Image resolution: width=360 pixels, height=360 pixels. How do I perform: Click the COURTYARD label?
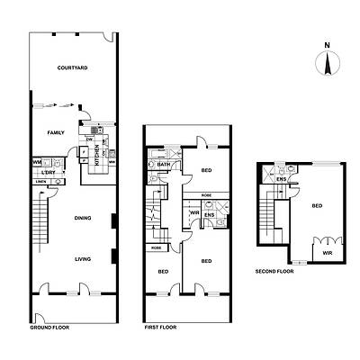click(x=71, y=68)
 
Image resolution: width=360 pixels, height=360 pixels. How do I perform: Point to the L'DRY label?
click(x=49, y=171)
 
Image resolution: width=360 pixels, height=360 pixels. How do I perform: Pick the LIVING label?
click(x=82, y=259)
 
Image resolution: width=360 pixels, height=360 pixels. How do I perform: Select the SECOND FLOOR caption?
click(x=274, y=270)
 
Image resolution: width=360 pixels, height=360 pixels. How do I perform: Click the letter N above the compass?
click(x=327, y=45)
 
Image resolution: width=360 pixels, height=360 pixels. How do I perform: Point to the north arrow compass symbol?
click(x=327, y=63)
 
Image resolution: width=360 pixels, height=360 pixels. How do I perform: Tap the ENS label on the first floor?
click(x=209, y=214)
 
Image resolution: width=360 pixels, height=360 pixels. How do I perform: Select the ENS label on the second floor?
click(x=282, y=178)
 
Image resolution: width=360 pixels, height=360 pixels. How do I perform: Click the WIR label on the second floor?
click(x=326, y=254)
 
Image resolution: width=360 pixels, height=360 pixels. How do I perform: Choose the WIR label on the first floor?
click(x=194, y=212)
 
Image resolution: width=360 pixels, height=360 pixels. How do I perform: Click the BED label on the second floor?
click(x=317, y=205)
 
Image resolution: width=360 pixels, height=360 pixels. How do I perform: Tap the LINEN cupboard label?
click(x=40, y=182)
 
